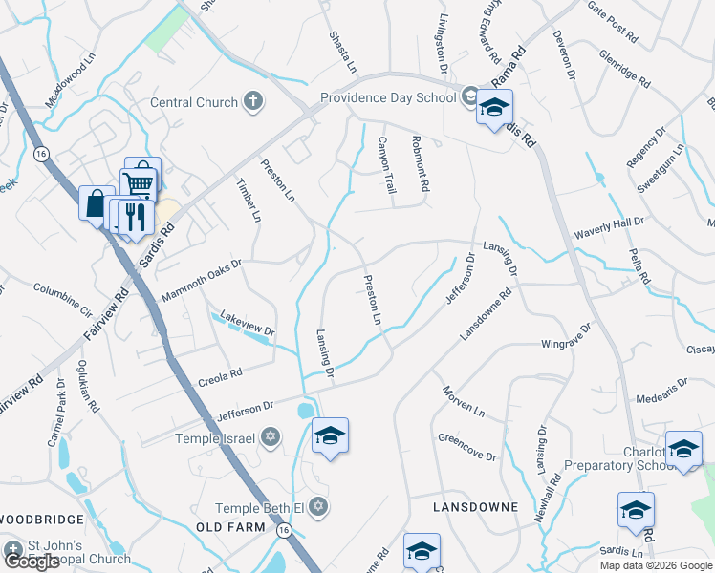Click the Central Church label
(x=194, y=102)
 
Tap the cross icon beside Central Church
(x=253, y=101)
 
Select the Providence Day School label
(x=388, y=96)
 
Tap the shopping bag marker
(x=96, y=203)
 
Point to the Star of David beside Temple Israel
(x=270, y=437)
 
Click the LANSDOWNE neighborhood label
(x=475, y=506)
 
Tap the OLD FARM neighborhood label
(x=228, y=527)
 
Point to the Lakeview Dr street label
(x=247, y=323)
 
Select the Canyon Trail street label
(x=387, y=166)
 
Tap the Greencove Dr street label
(x=466, y=446)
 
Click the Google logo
(x=32, y=562)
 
